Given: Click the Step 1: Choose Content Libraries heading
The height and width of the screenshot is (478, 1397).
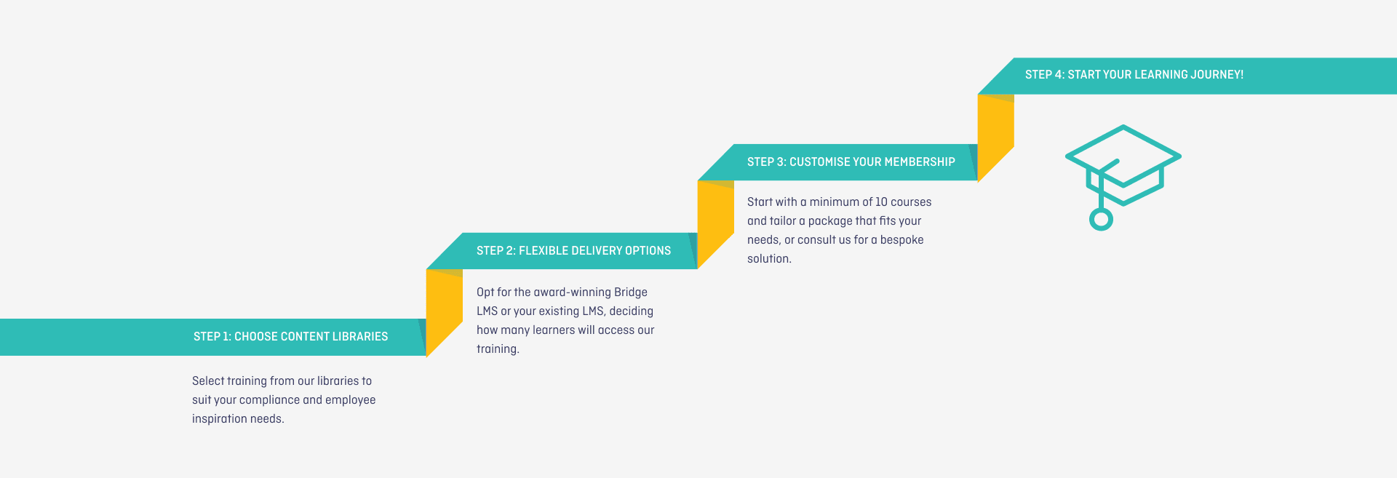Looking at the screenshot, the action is [290, 337].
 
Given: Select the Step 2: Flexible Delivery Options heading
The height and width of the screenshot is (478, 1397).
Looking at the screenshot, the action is [573, 251].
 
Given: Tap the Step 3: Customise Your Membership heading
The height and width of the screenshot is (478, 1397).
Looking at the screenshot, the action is [851, 162].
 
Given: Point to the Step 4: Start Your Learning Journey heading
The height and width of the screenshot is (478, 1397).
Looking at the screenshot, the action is [1134, 75].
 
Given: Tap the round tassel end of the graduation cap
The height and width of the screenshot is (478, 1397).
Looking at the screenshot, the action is [1101, 219].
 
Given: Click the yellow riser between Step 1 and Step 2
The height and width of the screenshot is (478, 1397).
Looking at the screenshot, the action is [444, 309].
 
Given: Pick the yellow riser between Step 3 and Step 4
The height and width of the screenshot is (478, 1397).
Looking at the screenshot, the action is [995, 135].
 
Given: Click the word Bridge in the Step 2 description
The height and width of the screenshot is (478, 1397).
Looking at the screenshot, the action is [630, 292].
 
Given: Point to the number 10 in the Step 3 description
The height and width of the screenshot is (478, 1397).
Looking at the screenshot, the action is [881, 202].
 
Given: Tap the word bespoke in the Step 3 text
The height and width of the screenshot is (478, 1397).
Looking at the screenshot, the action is [902, 240].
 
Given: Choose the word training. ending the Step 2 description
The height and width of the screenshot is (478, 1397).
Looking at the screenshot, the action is [498, 349].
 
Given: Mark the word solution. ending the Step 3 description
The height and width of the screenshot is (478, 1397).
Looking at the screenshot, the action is [769, 259].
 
